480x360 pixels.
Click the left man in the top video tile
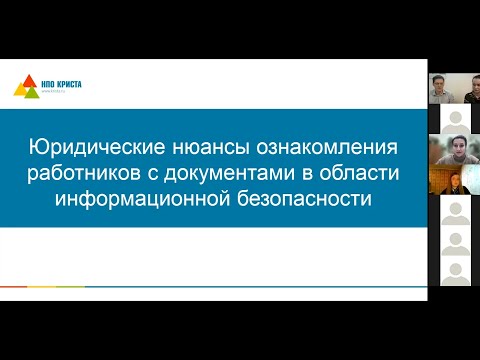coord(438,87)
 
